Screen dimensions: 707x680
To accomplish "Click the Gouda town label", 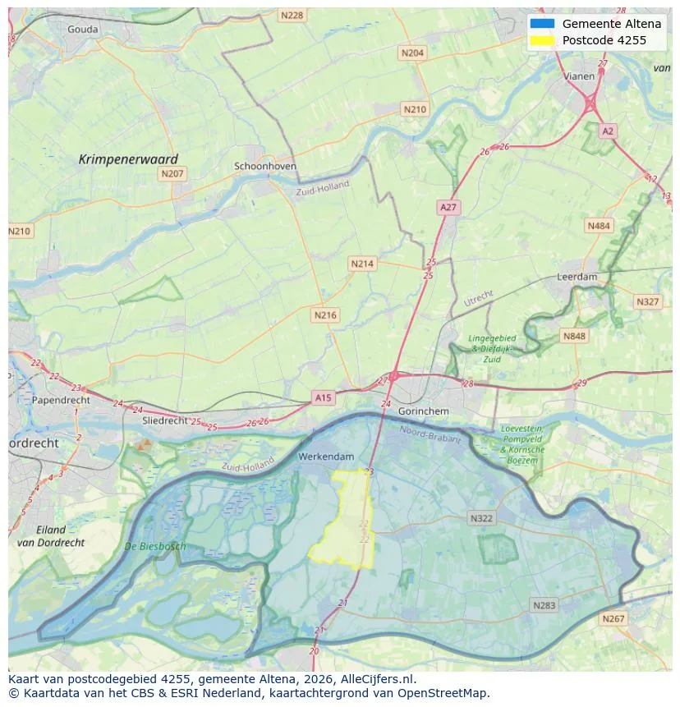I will [83, 30].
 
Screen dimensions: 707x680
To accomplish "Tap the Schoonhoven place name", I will [265, 166].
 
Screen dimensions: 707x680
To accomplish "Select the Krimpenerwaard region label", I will [128, 159].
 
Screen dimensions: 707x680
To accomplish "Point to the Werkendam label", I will [326, 457].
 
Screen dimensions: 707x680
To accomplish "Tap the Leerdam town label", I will [577, 277].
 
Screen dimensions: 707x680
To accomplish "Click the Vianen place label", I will [579, 76].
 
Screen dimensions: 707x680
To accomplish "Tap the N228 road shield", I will [291, 16].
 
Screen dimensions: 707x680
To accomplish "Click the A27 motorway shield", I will [448, 208].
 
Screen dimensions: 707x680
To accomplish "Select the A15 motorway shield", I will [324, 397].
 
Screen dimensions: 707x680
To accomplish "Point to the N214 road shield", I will [361, 264].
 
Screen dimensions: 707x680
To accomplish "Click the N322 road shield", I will [481, 518].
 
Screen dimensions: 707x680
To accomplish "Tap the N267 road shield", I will [613, 618].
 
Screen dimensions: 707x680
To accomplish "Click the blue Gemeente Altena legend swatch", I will [543, 24].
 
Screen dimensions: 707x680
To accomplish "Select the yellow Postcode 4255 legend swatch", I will [543, 40].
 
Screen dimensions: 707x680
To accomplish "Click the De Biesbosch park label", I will [155, 546].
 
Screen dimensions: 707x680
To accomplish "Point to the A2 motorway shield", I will [607, 131].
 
